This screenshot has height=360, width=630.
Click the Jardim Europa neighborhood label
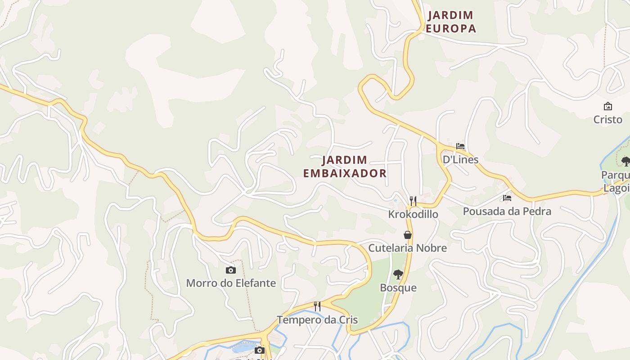(x=451, y=22)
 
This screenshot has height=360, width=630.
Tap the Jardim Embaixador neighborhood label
(x=345, y=166)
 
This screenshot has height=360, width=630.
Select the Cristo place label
(x=607, y=120)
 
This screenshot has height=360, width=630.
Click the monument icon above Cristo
(x=608, y=106)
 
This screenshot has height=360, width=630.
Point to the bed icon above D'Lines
(x=460, y=146)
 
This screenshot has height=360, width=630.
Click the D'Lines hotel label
(x=460, y=159)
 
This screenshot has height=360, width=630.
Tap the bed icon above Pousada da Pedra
(x=507, y=198)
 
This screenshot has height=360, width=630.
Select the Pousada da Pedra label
(x=507, y=211)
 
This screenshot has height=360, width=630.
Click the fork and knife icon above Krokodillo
(x=413, y=201)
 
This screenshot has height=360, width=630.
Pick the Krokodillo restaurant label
(x=413, y=214)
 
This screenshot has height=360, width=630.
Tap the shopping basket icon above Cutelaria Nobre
(x=408, y=235)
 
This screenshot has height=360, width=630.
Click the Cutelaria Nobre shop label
(x=408, y=248)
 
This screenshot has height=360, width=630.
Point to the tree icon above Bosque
(x=398, y=274)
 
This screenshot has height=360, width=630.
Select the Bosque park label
(x=398, y=288)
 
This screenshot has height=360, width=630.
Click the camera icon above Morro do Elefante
(x=231, y=270)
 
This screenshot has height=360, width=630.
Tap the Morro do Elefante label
(x=231, y=283)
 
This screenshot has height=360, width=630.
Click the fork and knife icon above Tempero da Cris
(x=317, y=306)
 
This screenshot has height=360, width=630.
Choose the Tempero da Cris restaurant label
(x=317, y=320)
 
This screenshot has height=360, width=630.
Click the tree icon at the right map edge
(x=625, y=162)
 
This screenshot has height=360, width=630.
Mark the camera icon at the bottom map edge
(x=259, y=351)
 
